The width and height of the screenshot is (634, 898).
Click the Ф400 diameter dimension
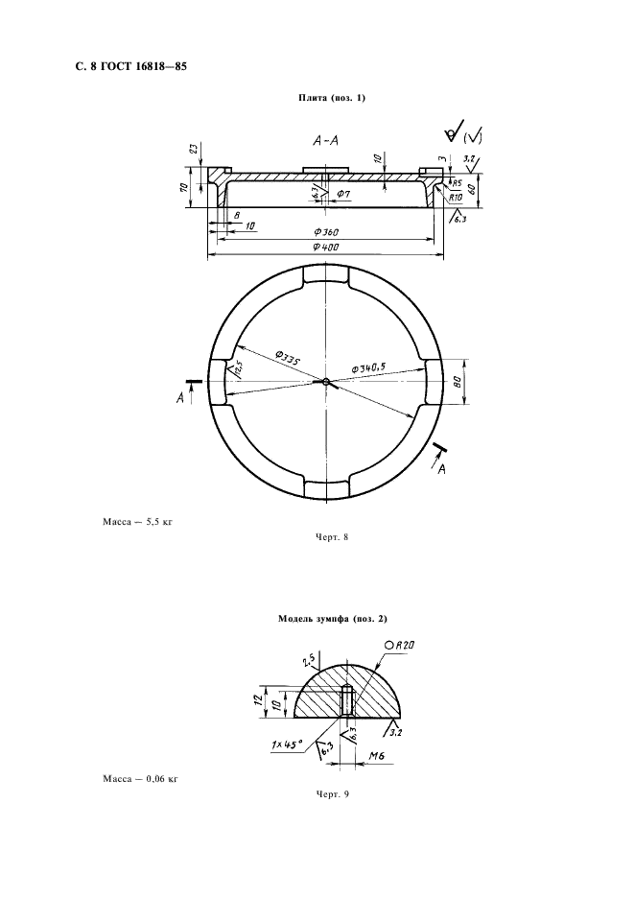point(326,248)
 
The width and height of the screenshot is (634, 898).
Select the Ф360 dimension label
point(326,232)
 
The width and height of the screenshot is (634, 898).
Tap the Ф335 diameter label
point(288,360)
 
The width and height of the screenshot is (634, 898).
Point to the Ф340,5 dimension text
point(368,368)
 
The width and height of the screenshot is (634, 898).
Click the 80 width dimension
point(458,382)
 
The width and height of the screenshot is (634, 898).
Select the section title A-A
point(325,140)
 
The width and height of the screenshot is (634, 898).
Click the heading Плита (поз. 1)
point(332,98)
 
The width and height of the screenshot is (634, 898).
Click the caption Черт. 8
point(332,536)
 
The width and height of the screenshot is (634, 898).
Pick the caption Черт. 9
point(332,793)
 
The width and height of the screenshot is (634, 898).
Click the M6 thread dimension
point(376,756)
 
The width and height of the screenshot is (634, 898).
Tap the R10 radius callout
point(456,197)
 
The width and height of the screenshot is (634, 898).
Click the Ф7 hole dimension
point(343,194)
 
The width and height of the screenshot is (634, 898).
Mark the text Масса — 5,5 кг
point(137,522)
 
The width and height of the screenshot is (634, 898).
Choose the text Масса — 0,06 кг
point(140,778)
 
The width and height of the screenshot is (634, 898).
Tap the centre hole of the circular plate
point(325,382)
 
